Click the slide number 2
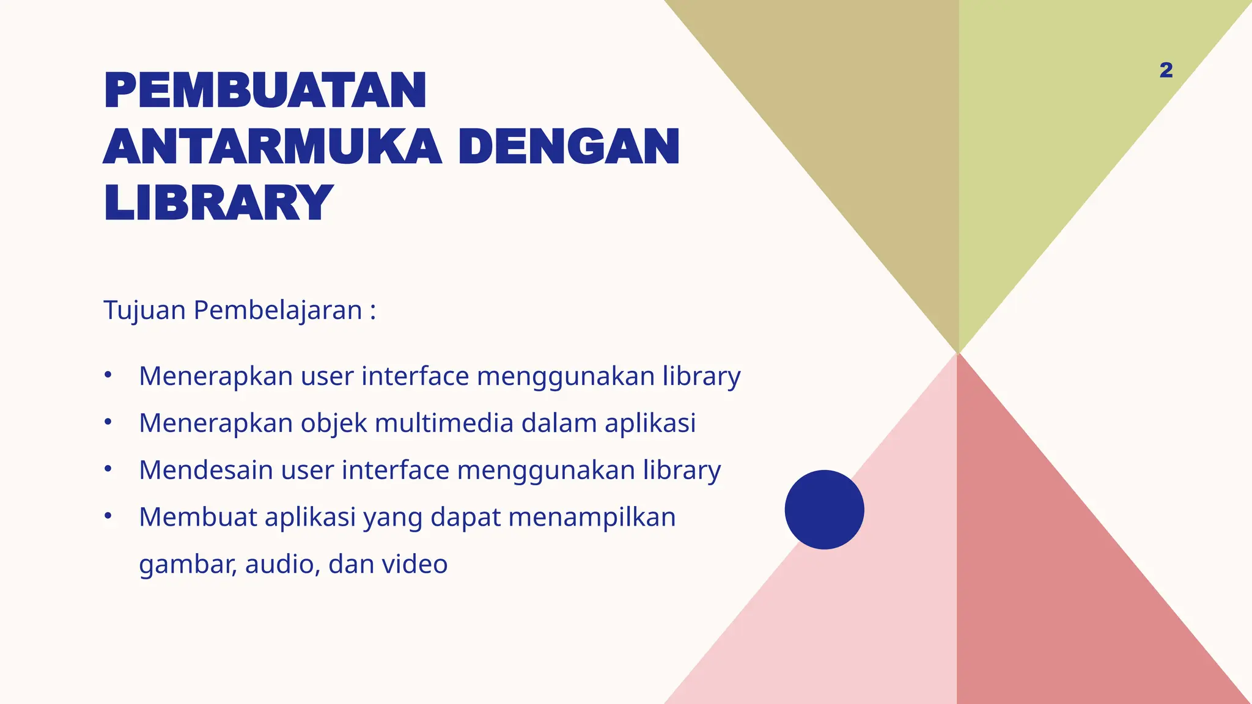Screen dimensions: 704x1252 click(x=1166, y=70)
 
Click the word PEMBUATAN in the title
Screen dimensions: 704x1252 click(x=265, y=91)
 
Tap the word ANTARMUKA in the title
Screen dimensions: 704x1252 click(x=272, y=147)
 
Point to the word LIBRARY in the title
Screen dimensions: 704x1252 click(x=218, y=203)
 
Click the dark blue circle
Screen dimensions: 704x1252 click(x=824, y=509)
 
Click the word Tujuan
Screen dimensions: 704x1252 click(x=144, y=310)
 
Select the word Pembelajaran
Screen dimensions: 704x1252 click(x=278, y=310)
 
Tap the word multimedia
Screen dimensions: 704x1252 click(x=444, y=423)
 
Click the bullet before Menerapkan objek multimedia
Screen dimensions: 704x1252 click(x=108, y=422)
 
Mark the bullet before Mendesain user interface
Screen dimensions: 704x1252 click(x=108, y=469)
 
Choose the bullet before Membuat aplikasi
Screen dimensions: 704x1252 click(x=108, y=516)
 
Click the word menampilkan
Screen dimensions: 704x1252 click(x=592, y=518)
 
